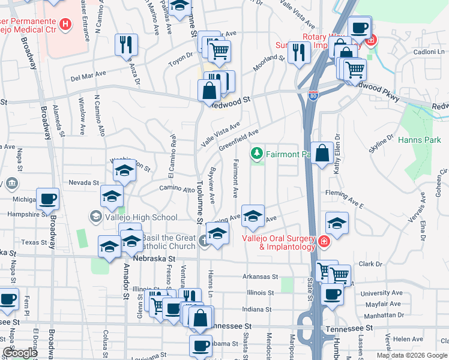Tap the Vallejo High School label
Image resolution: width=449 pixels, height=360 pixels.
pos(141,217)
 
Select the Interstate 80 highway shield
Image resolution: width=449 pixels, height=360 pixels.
pos(313,95)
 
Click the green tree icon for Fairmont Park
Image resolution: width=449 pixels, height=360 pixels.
pos(258,154)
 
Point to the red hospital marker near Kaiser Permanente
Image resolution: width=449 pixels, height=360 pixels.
pos(65,25)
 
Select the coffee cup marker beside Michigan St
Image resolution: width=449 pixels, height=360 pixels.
pos(47,199)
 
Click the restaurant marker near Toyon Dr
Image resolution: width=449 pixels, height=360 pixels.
pos(127,45)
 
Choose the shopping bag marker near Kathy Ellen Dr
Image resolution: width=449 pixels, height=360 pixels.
pos(322,153)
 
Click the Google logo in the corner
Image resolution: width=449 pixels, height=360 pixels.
pos(20,353)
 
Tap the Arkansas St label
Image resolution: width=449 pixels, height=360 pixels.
pos(260,277)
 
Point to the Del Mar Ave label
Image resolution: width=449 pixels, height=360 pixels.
pos(88,76)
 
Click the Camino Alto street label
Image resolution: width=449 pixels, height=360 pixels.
pos(173,188)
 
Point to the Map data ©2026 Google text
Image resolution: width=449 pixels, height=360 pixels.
pos(412,355)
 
